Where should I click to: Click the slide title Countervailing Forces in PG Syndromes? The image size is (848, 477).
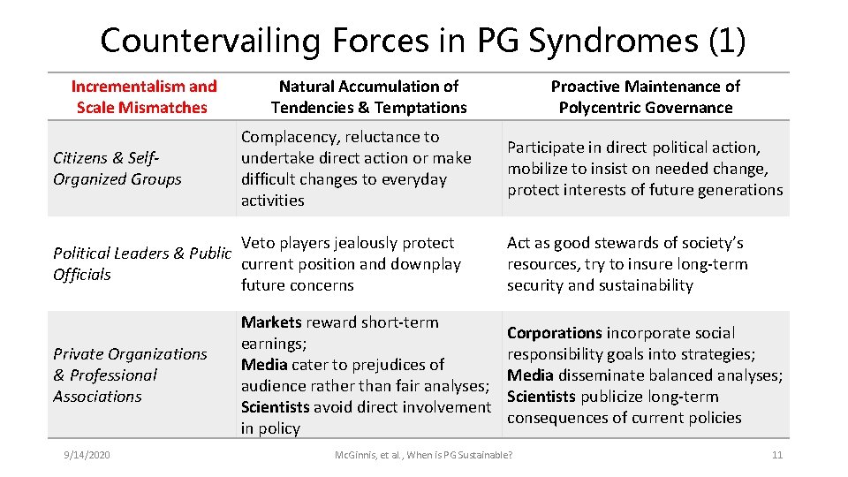[x=422, y=40]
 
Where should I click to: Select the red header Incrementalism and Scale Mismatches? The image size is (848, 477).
[x=143, y=97]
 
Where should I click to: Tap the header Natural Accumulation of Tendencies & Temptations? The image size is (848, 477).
[x=368, y=97]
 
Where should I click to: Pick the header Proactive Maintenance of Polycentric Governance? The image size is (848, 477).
[x=645, y=97]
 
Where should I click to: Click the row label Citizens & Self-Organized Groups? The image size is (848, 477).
[x=117, y=169]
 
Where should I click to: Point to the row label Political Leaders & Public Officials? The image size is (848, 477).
[x=141, y=263]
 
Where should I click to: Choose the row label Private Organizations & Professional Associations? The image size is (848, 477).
[x=129, y=375]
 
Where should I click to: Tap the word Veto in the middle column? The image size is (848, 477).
[x=259, y=243]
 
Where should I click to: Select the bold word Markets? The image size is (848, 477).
[x=272, y=322]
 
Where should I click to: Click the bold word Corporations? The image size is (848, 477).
[x=554, y=333]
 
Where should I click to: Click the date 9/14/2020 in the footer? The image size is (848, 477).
[x=87, y=455]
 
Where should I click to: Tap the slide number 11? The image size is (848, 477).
[x=777, y=455]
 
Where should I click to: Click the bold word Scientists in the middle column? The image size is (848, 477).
[x=276, y=407]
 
